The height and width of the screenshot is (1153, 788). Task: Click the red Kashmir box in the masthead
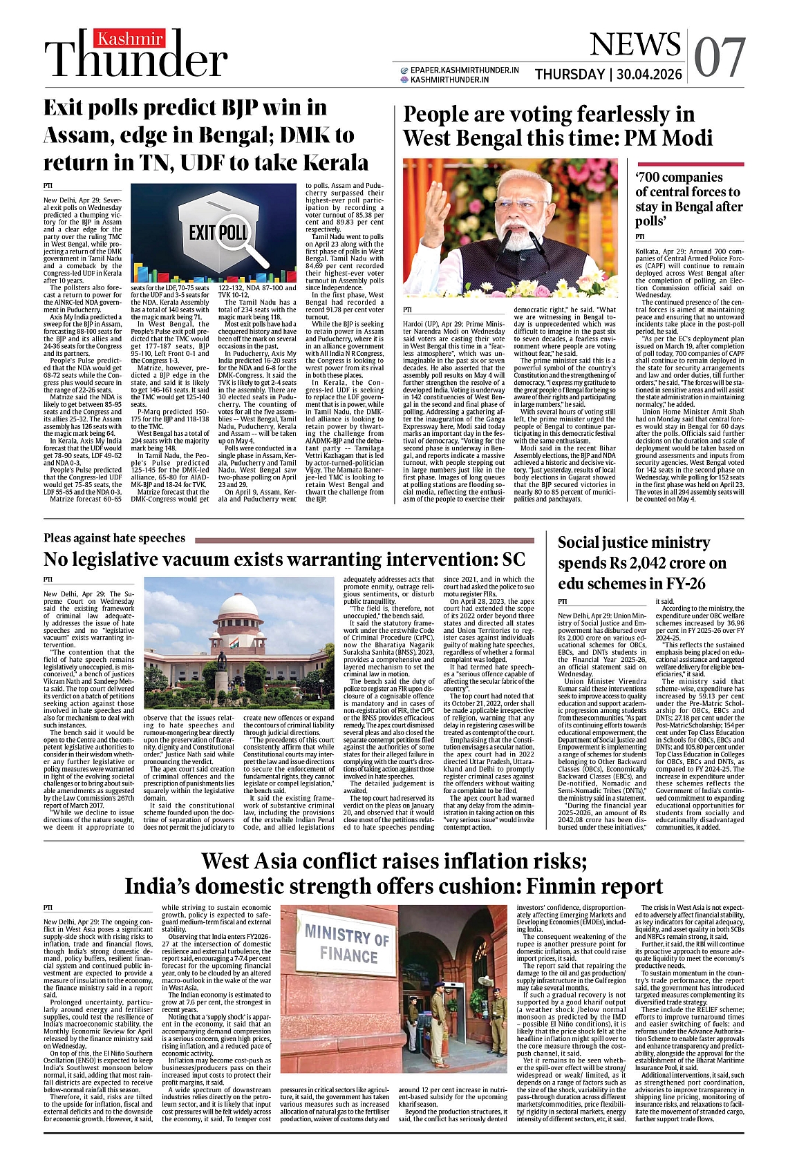coord(130,39)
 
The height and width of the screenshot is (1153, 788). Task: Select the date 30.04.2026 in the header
coord(650,75)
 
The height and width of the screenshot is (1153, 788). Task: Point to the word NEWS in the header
coord(635,45)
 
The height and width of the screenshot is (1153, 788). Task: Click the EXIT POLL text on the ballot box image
coord(218,232)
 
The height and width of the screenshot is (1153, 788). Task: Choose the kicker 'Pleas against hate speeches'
coord(114,537)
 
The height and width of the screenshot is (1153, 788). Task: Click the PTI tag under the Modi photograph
coord(407,310)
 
